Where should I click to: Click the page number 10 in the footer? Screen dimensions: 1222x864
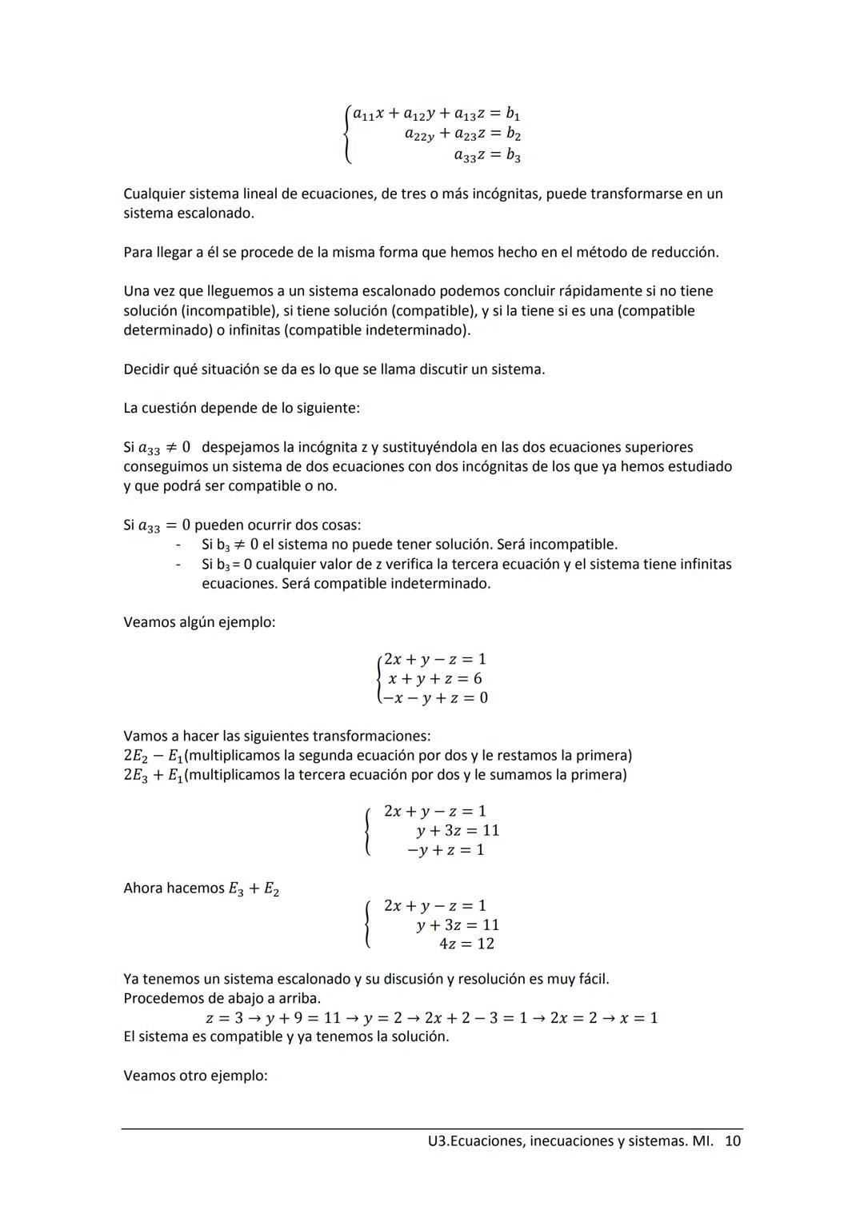pos(733,1141)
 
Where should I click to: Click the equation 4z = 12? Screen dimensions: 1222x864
pos(466,944)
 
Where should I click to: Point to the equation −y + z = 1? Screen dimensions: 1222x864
pos(446,850)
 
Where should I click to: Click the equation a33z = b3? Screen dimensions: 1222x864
pos(487,155)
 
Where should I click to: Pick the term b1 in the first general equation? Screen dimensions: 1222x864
pos(513,114)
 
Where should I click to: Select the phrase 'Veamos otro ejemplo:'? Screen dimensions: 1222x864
pos(195,1076)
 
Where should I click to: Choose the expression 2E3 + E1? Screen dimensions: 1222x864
pos(153,776)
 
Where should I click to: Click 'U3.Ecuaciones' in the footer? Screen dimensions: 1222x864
pos(475,1141)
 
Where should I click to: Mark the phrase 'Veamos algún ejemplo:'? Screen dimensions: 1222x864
pos(199,622)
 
